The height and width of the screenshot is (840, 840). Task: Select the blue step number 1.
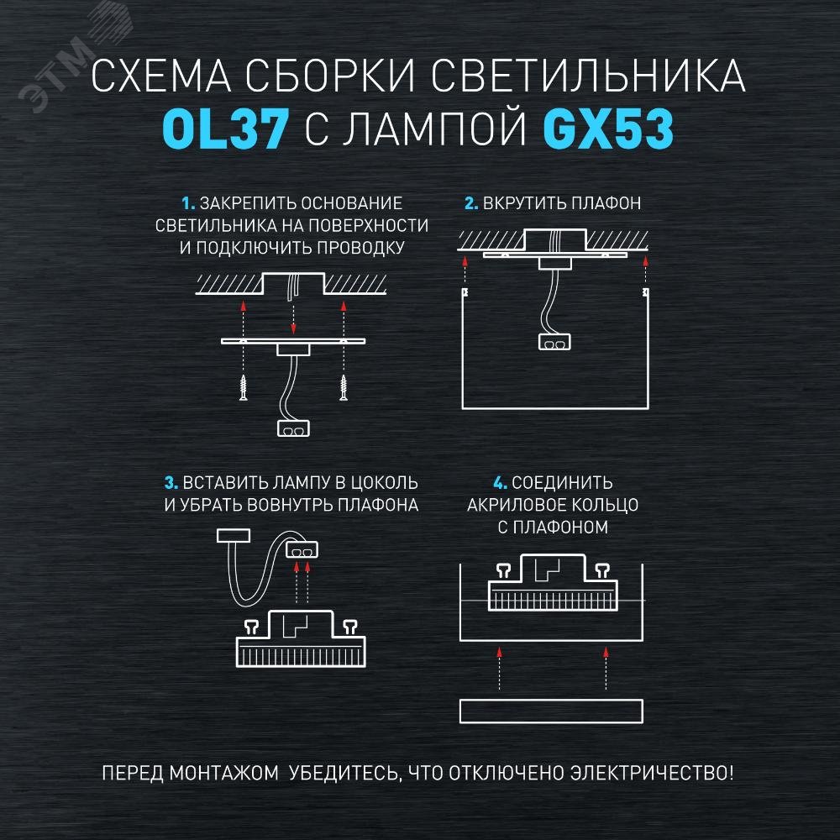(187, 203)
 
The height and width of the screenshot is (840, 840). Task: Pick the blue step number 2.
(471, 203)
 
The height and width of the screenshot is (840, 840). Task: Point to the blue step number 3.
(171, 483)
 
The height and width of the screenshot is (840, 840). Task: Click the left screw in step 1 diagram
(242, 386)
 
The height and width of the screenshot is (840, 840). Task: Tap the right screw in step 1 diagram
(344, 386)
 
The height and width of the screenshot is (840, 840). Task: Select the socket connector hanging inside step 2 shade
(554, 342)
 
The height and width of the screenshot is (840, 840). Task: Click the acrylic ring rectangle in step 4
(552, 710)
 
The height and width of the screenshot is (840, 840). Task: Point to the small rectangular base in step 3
(234, 535)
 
